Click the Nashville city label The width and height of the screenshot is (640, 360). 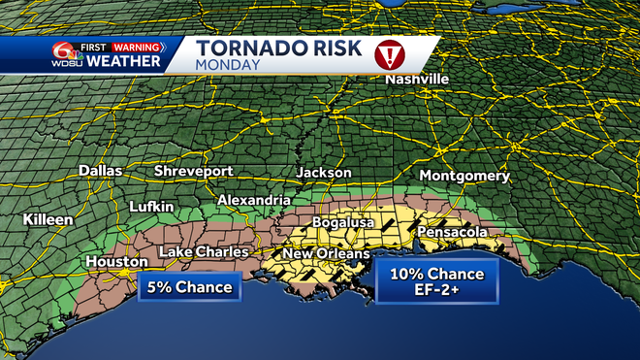click(x=417, y=79)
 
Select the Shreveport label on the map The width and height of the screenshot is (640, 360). click(x=194, y=171)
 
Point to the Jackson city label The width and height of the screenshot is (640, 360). click(x=324, y=172)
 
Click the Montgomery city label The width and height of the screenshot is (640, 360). click(x=464, y=177)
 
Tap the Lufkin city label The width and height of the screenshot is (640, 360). click(x=151, y=207)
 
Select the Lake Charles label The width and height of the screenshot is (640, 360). click(x=203, y=253)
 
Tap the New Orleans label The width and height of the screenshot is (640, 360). click(x=326, y=254)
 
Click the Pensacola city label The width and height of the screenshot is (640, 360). click(x=452, y=233)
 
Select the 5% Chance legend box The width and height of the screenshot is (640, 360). click(x=190, y=287)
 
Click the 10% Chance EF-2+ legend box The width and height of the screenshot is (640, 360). click(x=437, y=280)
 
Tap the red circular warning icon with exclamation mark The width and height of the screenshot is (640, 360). click(x=390, y=54)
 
